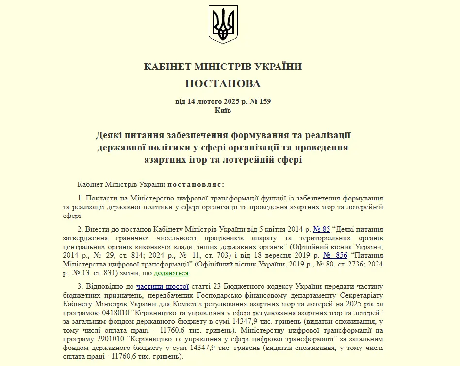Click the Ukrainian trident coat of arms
223,24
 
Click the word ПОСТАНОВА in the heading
223,83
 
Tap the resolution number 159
265,101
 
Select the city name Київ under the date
223,110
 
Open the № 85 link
322,229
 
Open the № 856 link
335,255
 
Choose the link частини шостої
162,286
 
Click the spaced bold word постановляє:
196,184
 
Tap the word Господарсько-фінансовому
216,295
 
